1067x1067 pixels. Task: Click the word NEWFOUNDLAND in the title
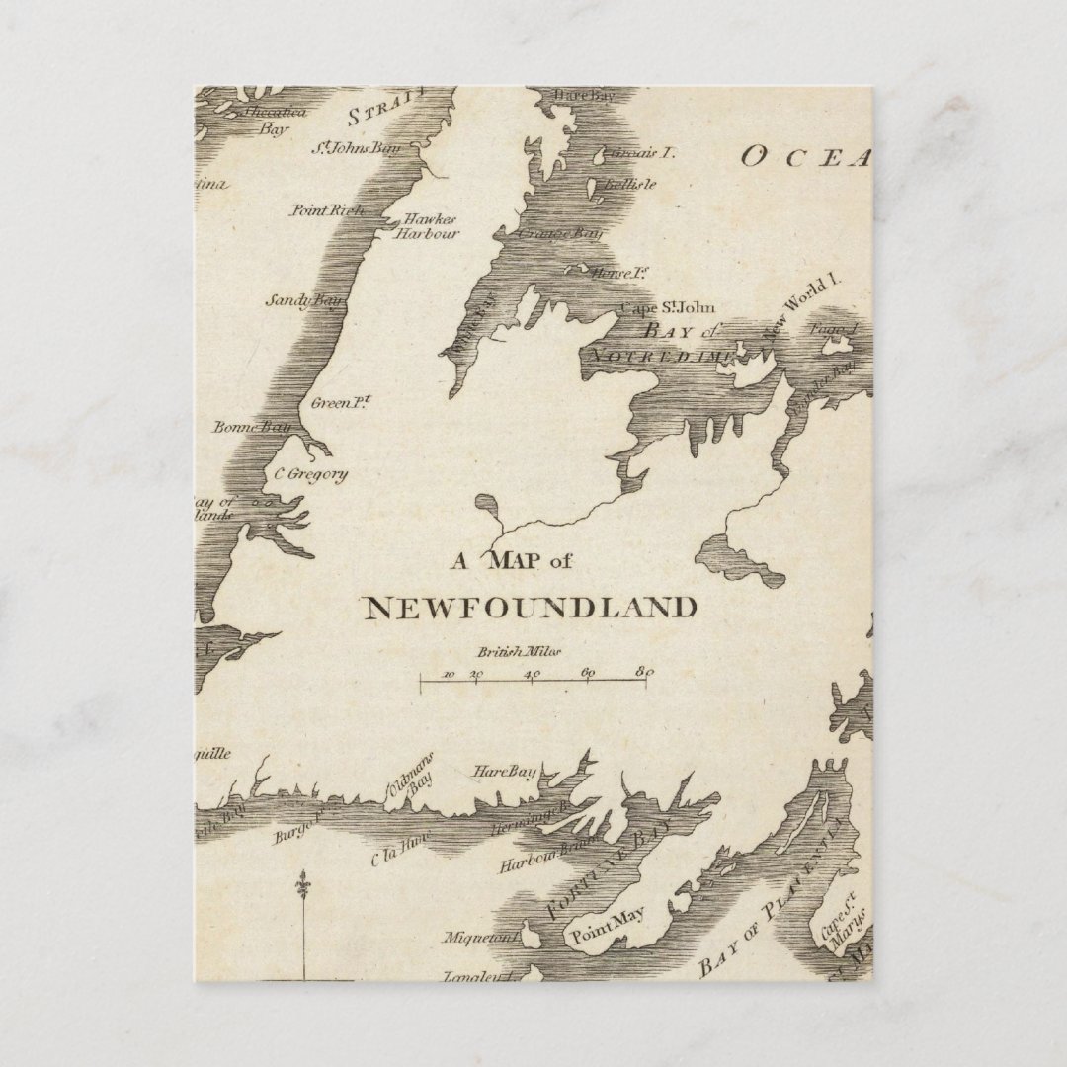pyautogui.click(x=531, y=607)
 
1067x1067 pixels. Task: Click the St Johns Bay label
pyautogui.click(x=356, y=149)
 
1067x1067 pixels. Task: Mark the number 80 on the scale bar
pyautogui.click(x=644, y=673)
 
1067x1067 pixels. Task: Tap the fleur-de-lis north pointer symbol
pyautogui.click(x=303, y=883)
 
